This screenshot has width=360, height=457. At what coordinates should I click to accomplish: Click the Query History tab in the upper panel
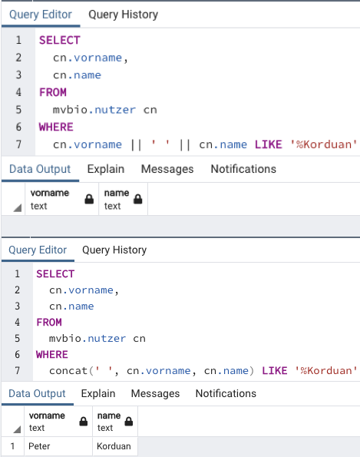point(124,15)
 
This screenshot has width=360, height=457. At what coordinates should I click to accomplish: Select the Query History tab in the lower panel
point(114,250)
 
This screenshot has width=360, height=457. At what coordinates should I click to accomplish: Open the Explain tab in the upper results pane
point(106,169)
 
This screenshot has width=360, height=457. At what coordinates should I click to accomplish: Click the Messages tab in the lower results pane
point(155,393)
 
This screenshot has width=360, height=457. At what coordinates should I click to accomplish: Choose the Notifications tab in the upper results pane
point(243,169)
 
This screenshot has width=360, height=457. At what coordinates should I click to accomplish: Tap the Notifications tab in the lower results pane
point(226,393)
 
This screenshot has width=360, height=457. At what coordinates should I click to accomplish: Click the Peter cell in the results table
point(39,446)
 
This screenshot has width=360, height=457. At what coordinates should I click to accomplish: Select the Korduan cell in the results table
point(114,446)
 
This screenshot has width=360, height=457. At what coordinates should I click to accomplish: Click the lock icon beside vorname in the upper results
point(89,200)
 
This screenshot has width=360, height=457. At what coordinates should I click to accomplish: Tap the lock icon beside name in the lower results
point(129,422)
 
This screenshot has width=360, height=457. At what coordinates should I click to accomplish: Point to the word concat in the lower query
point(68,371)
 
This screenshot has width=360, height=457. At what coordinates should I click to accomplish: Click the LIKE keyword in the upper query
point(268,144)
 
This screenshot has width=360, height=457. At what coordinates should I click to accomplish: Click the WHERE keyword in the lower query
point(52,355)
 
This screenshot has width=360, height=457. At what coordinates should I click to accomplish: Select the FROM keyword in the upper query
point(53,92)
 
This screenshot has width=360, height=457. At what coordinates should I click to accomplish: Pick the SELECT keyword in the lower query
point(55,274)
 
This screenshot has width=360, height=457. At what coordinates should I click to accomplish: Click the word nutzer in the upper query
point(115,110)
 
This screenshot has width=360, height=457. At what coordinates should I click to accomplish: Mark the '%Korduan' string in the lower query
point(326,371)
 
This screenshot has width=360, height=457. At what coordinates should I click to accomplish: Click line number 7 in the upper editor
point(18,144)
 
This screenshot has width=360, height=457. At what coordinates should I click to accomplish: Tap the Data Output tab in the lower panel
point(37,393)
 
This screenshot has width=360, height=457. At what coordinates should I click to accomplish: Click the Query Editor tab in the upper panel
point(41,15)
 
